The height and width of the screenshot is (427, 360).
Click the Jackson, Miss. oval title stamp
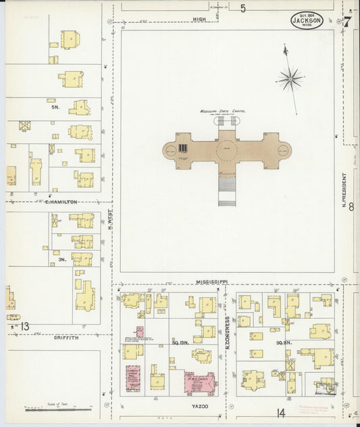(x=307, y=21)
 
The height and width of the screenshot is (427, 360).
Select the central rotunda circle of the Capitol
(x=227, y=149)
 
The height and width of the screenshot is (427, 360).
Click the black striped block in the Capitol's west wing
(x=182, y=148)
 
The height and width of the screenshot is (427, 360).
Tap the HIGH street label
(x=199, y=20)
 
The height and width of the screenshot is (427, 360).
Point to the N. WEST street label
(x=110, y=219)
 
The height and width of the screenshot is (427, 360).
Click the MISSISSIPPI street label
(x=212, y=280)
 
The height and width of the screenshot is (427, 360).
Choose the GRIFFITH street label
(x=67, y=337)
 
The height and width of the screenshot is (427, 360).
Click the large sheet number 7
(x=347, y=22)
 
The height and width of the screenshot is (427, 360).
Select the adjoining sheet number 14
(x=280, y=412)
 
